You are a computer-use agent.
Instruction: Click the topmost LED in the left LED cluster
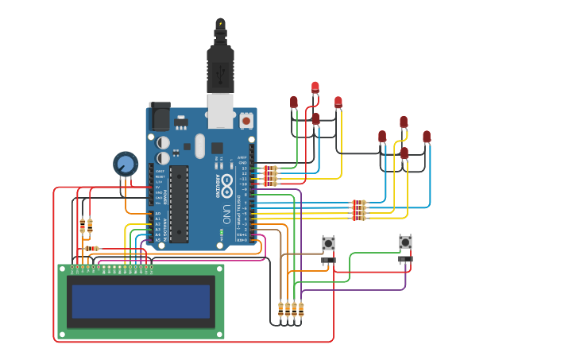[315, 87]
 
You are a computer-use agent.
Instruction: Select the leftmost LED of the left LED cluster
[294, 102]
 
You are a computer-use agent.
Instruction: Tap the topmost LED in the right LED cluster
[404, 122]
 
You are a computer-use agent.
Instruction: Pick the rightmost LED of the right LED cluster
[427, 137]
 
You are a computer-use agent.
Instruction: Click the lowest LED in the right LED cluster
[404, 152]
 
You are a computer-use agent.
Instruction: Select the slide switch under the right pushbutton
[405, 259]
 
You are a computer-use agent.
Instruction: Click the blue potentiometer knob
[125, 165]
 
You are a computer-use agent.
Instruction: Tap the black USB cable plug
[220, 68]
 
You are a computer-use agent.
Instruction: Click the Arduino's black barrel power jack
[160, 117]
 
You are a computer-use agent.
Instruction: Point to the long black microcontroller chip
[179, 203]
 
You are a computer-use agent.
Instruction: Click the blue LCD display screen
[141, 301]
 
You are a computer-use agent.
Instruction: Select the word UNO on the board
[226, 215]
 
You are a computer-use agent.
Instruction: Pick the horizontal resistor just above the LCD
[92, 249]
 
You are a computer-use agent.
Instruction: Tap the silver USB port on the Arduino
[220, 110]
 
